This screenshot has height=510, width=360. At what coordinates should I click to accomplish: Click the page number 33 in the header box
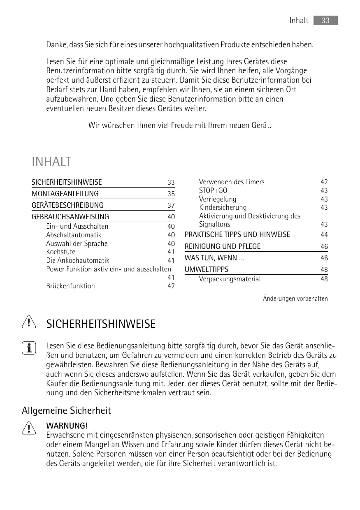tap(325, 21)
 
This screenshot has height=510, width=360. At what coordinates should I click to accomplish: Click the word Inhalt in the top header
tap(299, 21)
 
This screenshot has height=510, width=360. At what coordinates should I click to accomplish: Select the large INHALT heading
tap(51, 162)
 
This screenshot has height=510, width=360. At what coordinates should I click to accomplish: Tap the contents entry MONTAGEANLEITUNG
tap(65, 194)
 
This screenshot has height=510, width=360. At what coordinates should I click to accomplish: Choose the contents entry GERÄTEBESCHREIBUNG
tap(67, 205)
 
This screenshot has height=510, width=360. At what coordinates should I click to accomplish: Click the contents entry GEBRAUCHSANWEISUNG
tap(70, 217)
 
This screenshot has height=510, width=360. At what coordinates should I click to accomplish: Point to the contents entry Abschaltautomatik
tap(74, 235)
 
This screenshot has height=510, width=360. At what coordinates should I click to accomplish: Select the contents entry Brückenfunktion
tap(70, 286)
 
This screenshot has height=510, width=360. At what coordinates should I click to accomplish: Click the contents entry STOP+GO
tap(213, 190)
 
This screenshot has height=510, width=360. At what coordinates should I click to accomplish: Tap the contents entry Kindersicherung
tap(223, 207)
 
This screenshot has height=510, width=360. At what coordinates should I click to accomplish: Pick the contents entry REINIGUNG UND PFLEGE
tap(223, 246)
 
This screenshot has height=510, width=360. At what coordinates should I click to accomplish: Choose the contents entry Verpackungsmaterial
tap(230, 279)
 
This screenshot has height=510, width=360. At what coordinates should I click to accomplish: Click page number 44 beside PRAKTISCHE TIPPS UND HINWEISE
tap(324, 235)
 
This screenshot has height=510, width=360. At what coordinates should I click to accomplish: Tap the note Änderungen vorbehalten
tap(295, 299)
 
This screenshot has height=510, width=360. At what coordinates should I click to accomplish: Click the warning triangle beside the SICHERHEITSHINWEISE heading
tap(28, 323)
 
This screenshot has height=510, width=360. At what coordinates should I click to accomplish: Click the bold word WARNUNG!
tap(67, 425)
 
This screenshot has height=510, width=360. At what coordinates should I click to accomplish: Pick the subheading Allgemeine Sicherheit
tap(66, 410)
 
